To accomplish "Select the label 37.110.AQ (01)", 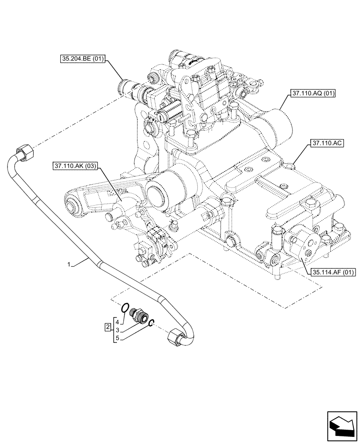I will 313,93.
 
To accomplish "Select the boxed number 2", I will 107,327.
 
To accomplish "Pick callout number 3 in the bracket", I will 117,330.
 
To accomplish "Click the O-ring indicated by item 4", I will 126,307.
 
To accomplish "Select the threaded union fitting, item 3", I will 141,316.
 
